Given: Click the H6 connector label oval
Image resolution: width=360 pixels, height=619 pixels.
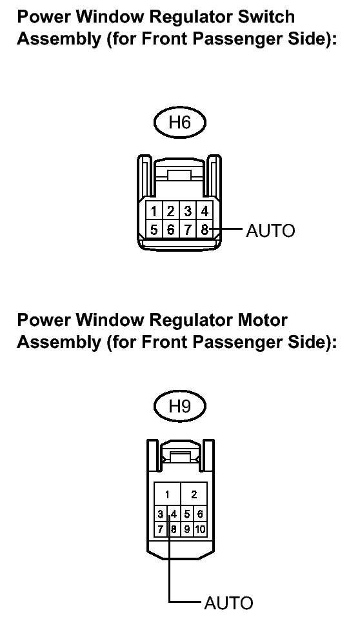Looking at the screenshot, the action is point(179,123).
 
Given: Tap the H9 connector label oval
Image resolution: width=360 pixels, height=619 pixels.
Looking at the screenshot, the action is point(179,406).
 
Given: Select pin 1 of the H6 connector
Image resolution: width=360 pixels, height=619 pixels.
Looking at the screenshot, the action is point(154,212).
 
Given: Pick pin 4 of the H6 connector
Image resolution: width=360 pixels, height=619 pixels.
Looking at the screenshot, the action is point(205,212).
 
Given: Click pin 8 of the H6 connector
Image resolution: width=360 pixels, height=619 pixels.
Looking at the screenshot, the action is point(205,229).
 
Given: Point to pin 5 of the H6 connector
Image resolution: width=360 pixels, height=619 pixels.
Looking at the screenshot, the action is point(154,229).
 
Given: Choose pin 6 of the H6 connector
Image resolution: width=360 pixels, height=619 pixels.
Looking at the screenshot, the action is point(170,229).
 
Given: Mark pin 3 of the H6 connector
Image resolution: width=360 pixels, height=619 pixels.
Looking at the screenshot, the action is point(188,212).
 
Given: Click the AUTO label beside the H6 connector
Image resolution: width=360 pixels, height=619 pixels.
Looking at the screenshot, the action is point(270,230).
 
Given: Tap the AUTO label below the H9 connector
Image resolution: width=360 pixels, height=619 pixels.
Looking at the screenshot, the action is point(229,604).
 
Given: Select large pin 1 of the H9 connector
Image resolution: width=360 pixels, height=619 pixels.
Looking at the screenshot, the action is point(167,494).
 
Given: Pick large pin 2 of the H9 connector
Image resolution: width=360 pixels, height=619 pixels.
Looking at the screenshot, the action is point(194,494).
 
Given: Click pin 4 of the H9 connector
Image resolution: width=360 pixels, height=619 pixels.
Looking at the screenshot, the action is point(174,514).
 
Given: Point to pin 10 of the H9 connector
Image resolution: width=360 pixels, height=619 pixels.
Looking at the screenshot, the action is point(200,529).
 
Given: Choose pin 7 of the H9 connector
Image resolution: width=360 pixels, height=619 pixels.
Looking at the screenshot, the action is point(160,529).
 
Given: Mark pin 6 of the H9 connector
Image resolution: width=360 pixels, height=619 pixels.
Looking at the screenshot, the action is point(200,514).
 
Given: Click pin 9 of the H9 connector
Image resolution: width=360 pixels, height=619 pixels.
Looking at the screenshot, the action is point(187,529).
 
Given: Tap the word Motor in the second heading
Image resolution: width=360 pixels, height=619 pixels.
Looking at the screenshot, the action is point(262,320).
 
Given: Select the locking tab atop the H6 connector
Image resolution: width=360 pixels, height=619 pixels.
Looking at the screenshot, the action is point(179,176).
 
